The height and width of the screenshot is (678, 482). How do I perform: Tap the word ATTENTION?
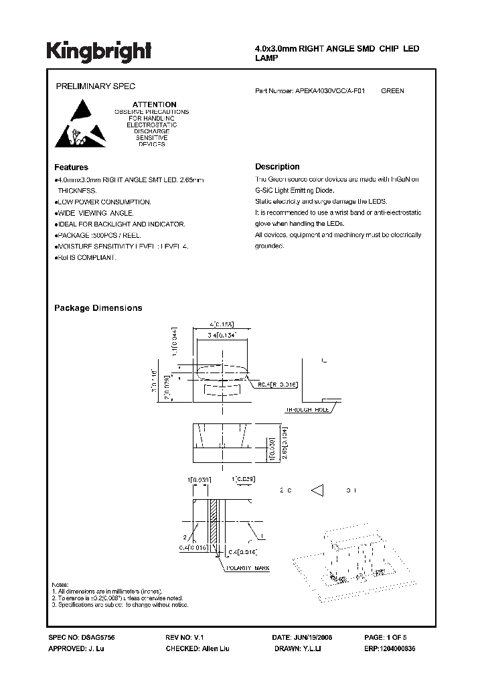pyautogui.click(x=154, y=105)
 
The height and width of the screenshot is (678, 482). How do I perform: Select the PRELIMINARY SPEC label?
pyautogui.click(x=94, y=87)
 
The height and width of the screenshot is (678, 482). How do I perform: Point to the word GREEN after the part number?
pyautogui.click(x=392, y=90)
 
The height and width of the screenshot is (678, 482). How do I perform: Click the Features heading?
pyautogui.click(x=71, y=167)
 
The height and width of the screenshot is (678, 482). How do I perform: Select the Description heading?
pyautogui.click(x=277, y=167)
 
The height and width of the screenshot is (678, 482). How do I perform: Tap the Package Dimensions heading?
pyautogui.click(x=98, y=308)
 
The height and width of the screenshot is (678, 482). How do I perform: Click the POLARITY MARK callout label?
pyautogui.click(x=248, y=568)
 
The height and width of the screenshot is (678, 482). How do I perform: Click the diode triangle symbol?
pyautogui.click(x=319, y=491)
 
